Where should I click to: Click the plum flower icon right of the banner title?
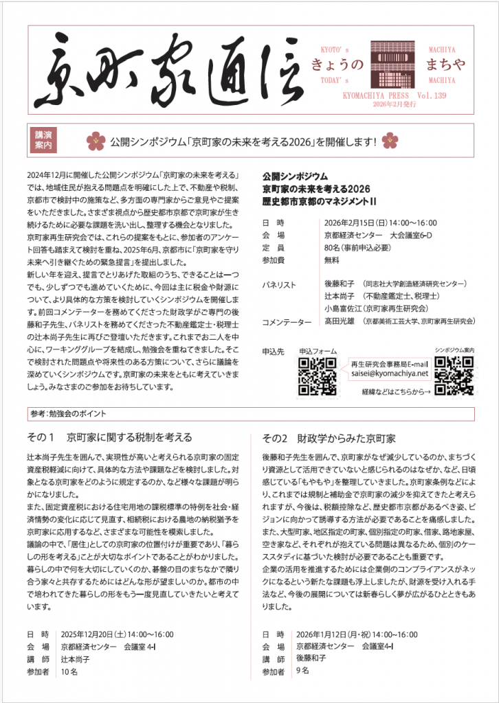click(x=390, y=141)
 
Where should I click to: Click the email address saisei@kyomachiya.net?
click(x=389, y=374)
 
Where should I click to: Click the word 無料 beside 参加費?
click(x=332, y=260)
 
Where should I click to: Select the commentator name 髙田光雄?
click(x=340, y=321)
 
